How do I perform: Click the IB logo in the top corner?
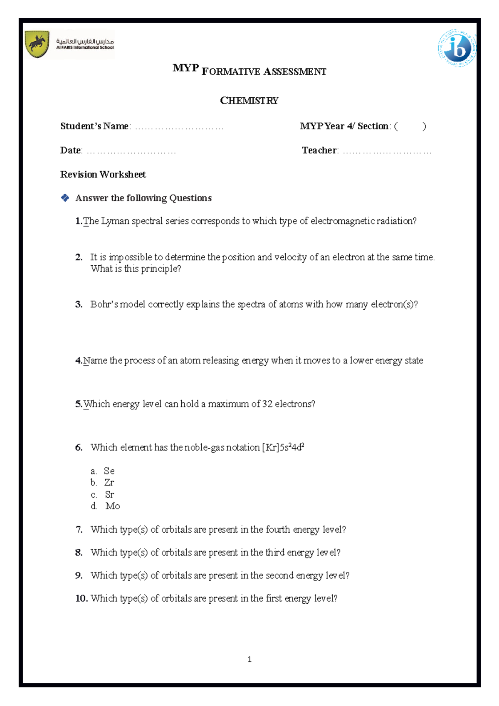[457, 48]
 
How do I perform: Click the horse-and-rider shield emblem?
[37, 44]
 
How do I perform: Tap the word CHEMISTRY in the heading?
[249, 101]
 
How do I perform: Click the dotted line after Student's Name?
[179, 127]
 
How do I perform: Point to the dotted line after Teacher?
[387, 151]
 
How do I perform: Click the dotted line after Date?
[131, 151]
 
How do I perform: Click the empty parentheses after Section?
[410, 126]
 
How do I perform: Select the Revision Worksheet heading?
[103, 174]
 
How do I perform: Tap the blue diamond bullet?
[65, 198]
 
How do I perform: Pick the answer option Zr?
[109, 483]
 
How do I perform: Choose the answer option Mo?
[112, 506]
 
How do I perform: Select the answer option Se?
[109, 471]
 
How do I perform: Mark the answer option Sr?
[109, 494]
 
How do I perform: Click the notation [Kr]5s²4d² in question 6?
[283, 447]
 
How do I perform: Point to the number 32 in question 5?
[267, 404]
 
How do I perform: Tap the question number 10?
[81, 598]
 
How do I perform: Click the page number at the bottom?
[249, 659]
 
